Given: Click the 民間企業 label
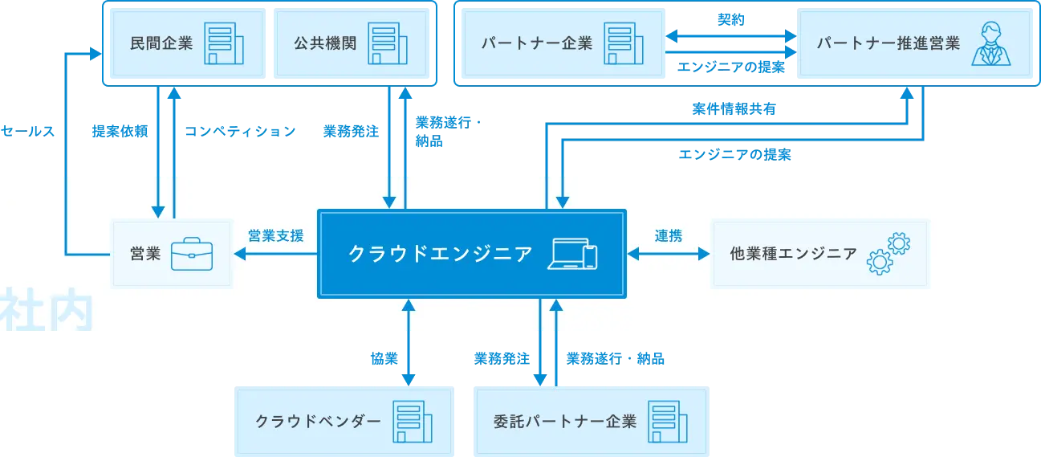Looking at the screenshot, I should [x=161, y=43].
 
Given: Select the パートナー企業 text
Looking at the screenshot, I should [x=537, y=43].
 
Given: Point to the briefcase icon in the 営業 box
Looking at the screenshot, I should [x=192, y=254].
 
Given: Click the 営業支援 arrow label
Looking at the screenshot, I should [x=275, y=235].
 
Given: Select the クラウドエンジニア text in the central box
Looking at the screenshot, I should [x=440, y=254].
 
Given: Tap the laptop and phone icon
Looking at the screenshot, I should [x=573, y=254].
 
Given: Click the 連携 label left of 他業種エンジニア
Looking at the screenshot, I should [x=668, y=235].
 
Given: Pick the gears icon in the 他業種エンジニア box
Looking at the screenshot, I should [x=888, y=254].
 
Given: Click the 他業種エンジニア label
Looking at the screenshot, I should [x=793, y=254].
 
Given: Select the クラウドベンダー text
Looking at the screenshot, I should [x=318, y=421].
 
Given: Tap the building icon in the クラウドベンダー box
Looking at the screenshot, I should [x=412, y=421].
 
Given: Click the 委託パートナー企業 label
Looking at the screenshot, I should [x=565, y=421].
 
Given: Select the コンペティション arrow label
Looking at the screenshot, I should [x=239, y=130].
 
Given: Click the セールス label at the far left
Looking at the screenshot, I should [x=28, y=130].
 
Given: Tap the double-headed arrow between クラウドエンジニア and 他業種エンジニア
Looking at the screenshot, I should [x=668, y=255].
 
